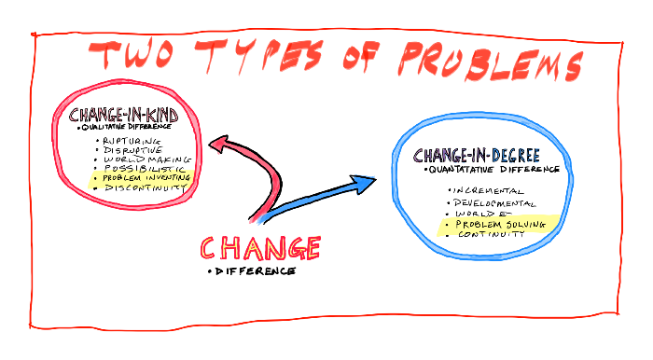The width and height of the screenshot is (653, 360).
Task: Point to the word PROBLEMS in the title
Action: [x=489, y=63]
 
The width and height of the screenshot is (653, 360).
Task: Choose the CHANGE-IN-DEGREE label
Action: [x=478, y=156]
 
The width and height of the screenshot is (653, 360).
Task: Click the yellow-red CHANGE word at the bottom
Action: [x=261, y=248]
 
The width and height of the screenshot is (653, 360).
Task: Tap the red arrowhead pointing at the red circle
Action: [x=221, y=143]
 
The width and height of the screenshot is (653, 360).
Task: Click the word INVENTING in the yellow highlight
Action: [x=167, y=176]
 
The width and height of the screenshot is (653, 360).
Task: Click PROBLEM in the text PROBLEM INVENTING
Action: [x=121, y=177]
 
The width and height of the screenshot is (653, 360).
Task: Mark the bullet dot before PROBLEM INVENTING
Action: [x=97, y=177]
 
